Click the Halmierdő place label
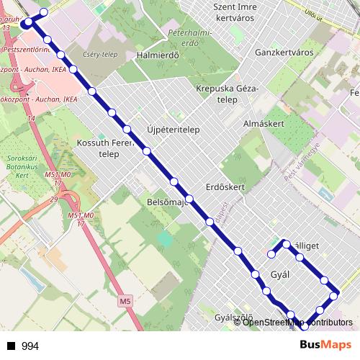[x=157, y=55]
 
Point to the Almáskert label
[x=264, y=123]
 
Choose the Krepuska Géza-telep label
[x=226, y=94]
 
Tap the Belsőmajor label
[x=166, y=202]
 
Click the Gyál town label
[x=279, y=274]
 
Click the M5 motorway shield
[x=126, y=300]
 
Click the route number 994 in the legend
[x=30, y=346]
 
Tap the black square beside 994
[x=11, y=346]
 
